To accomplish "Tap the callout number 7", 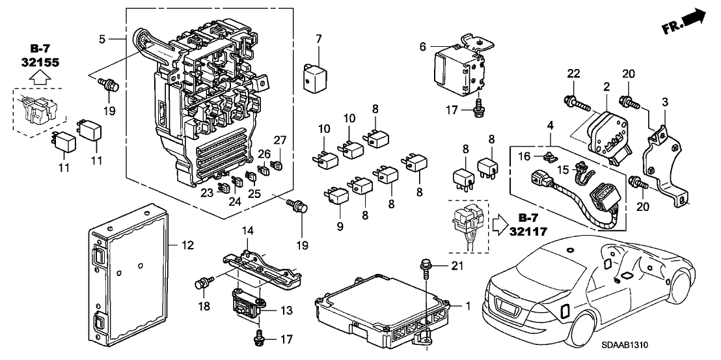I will click(319, 39).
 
